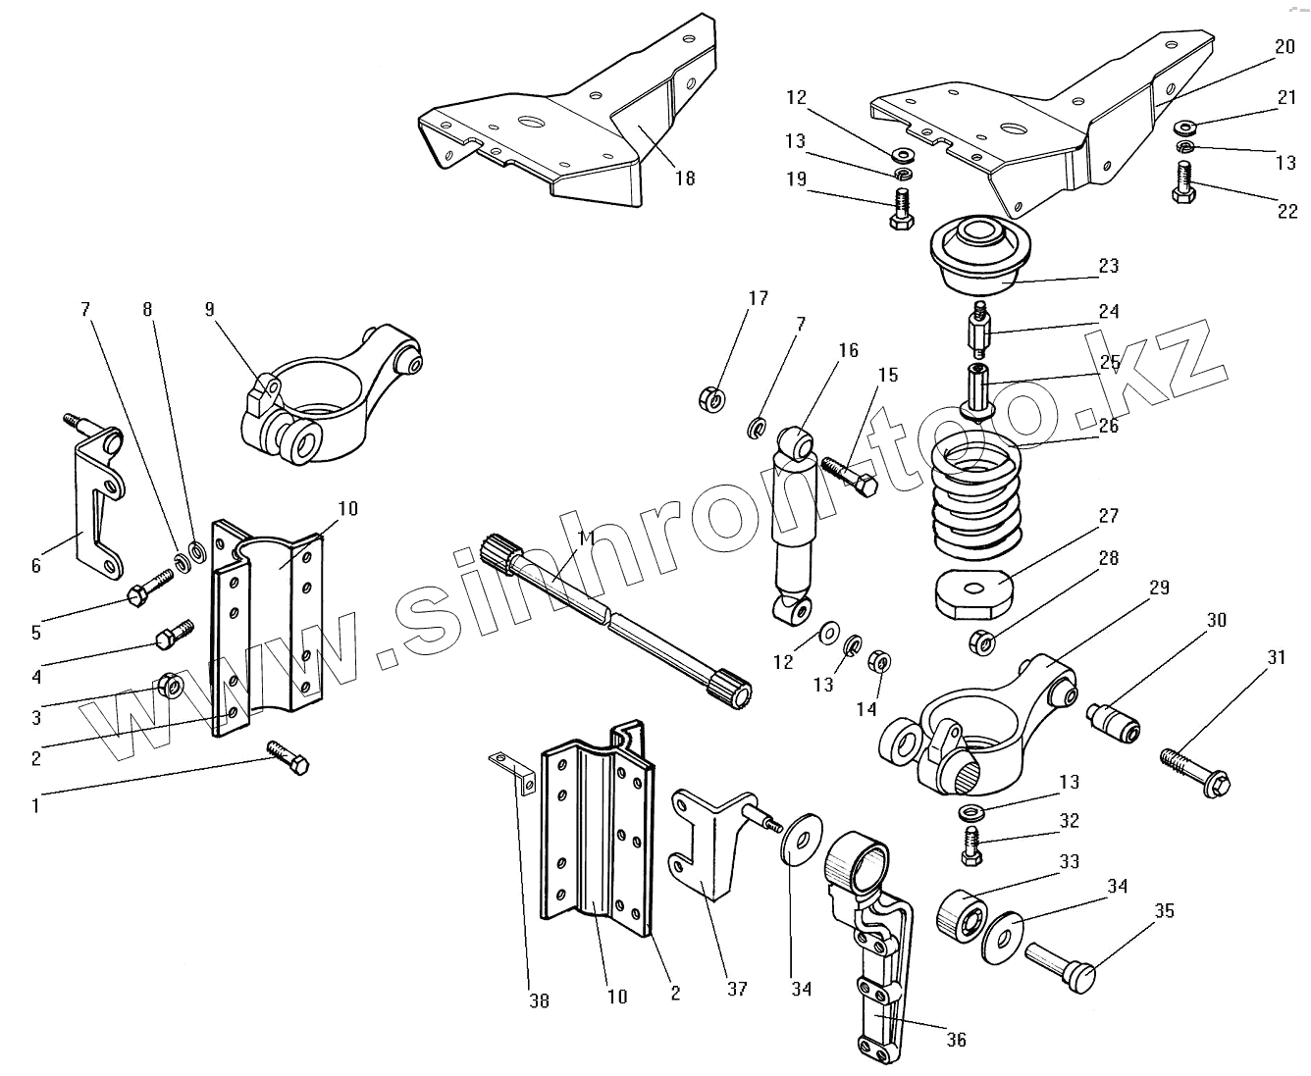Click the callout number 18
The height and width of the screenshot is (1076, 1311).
pyautogui.click(x=684, y=178)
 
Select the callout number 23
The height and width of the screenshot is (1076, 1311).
pyautogui.click(x=1109, y=266)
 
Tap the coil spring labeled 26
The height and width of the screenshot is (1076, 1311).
pyautogui.click(x=975, y=500)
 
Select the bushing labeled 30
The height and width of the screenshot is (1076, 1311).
pyautogui.click(x=1115, y=723)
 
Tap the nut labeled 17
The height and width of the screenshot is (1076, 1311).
pyautogui.click(x=713, y=399)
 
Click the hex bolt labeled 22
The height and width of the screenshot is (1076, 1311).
pyautogui.click(x=1184, y=183)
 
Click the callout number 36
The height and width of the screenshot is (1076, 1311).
pyautogui.click(x=957, y=1041)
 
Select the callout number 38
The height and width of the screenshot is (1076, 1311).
pyautogui.click(x=539, y=1000)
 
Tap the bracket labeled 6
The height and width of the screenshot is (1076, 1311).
pyautogui.click(x=96, y=500)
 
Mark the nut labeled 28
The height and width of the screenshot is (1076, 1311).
pyautogui.click(x=982, y=643)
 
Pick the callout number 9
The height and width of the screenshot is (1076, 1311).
pyautogui.click(x=209, y=309)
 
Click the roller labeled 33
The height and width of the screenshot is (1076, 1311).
pyautogui.click(x=961, y=914)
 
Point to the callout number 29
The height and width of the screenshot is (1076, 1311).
pyautogui.click(x=1159, y=588)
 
